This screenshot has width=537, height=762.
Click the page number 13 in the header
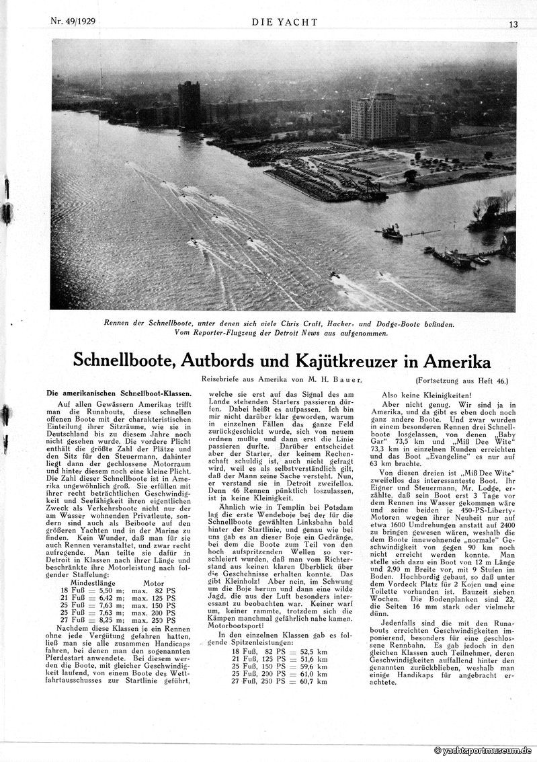click(513, 25)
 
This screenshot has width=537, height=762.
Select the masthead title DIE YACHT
click(284, 22)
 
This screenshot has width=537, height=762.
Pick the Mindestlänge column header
click(98, 584)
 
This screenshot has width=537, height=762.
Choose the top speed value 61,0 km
click(312, 673)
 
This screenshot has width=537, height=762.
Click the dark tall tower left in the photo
click(189, 106)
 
